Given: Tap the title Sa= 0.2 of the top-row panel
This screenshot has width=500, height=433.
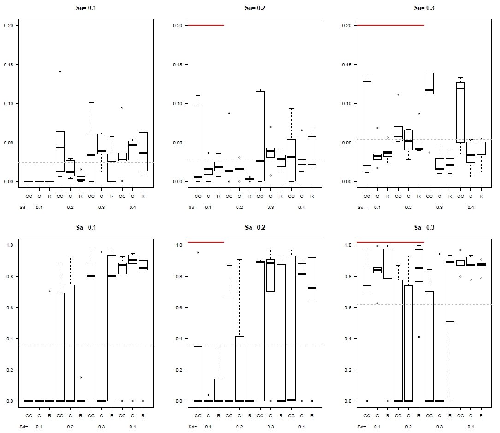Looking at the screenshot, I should point(255,8).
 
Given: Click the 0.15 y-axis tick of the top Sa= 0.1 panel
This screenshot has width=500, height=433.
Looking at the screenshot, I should point(8,65).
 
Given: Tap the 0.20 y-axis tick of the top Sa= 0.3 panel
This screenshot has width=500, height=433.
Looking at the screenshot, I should point(347,25).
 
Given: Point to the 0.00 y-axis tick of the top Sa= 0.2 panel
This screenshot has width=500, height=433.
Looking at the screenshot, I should point(178,181).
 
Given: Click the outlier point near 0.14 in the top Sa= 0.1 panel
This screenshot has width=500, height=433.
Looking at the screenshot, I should point(60,71).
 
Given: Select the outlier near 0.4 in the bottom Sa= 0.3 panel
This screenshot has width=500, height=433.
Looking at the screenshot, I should point(419,337).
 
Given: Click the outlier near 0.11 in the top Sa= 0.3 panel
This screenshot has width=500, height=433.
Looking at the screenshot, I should point(398,95).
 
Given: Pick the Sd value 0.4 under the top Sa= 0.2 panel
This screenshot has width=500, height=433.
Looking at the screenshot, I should point(301,207).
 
